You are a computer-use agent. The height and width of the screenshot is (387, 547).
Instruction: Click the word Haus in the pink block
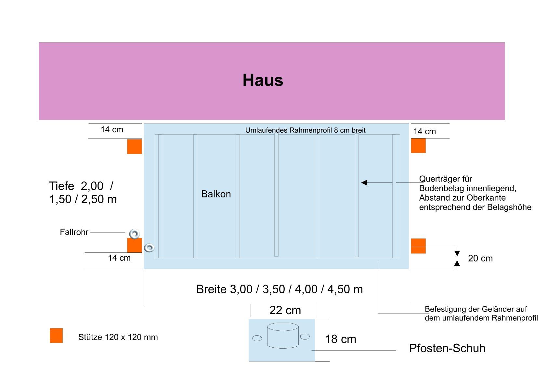263,80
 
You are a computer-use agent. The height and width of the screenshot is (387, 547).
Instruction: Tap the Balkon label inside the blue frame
216,194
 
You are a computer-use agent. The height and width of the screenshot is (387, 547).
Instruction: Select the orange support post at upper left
134,147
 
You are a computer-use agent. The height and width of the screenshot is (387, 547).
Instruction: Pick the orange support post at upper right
418,146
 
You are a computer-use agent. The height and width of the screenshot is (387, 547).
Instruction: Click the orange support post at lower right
418,246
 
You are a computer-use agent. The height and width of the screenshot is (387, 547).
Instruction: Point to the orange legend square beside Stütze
56,336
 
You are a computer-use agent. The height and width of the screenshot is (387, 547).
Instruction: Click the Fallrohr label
74,232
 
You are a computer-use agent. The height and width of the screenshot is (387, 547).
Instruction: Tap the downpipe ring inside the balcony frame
149,248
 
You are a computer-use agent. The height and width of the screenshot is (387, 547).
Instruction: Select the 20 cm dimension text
480,259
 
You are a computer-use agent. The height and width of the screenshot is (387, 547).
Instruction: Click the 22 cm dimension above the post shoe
285,310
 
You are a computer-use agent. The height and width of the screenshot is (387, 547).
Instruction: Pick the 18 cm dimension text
341,339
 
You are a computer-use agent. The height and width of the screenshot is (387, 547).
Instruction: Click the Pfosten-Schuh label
447,348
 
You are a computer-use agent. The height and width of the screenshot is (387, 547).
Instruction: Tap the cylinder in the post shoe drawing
283,336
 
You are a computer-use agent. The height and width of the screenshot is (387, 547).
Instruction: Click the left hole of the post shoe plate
257,338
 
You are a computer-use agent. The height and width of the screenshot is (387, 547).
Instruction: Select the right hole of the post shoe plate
305,337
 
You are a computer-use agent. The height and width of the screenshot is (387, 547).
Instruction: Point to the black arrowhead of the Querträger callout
364,183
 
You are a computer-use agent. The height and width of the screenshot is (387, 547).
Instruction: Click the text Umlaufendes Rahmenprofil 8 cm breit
305,130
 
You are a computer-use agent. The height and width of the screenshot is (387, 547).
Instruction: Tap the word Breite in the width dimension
211,289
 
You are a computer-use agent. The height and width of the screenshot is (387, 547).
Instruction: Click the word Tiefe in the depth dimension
62,186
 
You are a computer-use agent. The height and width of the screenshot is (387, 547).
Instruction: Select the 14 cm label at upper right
424,132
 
